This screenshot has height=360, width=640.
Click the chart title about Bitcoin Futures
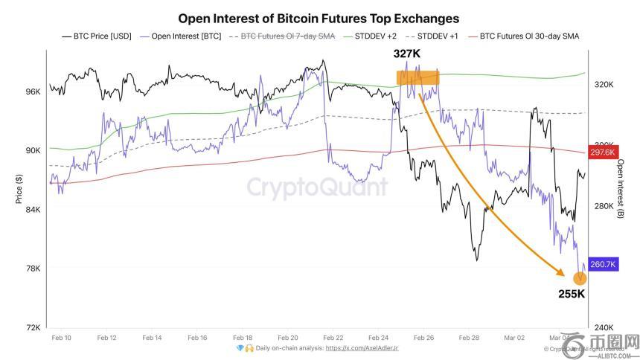click(319, 18)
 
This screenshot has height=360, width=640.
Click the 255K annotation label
click(572, 294)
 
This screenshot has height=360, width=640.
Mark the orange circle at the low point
click(579, 278)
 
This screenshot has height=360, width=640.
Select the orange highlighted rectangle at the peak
click(417, 77)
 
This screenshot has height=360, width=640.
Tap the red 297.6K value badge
click(603, 152)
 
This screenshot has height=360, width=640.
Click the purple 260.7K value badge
click(604, 264)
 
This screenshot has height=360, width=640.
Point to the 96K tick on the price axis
click(33, 91)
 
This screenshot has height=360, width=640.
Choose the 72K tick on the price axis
click(33, 328)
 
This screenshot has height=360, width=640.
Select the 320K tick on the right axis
click(604, 85)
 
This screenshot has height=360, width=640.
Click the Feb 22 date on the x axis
click(334, 338)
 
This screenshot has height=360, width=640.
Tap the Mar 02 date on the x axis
click(515, 338)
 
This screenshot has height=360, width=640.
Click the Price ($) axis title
click(19, 190)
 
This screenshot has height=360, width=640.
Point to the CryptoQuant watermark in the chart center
click(317, 186)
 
